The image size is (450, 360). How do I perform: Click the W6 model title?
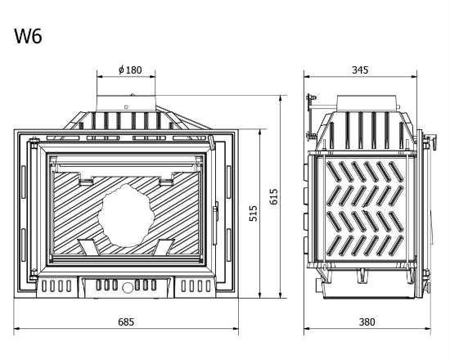pyautogui.click(x=28, y=36)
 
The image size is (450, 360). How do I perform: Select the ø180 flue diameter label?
pyautogui.click(x=130, y=70)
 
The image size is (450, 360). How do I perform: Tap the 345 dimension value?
pyautogui.click(x=360, y=70)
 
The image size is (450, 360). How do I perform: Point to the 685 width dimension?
pyautogui.click(x=126, y=322)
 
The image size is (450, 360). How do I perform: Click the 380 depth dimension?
pyautogui.click(x=367, y=322)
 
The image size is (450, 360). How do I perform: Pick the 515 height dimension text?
pyautogui.click(x=253, y=214)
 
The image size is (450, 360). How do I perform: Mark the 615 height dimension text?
pyautogui.click(x=274, y=196)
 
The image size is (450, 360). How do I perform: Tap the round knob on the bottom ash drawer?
pyautogui.click(x=128, y=287)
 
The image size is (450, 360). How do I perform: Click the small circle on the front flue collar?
pyautogui.click(x=126, y=107)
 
